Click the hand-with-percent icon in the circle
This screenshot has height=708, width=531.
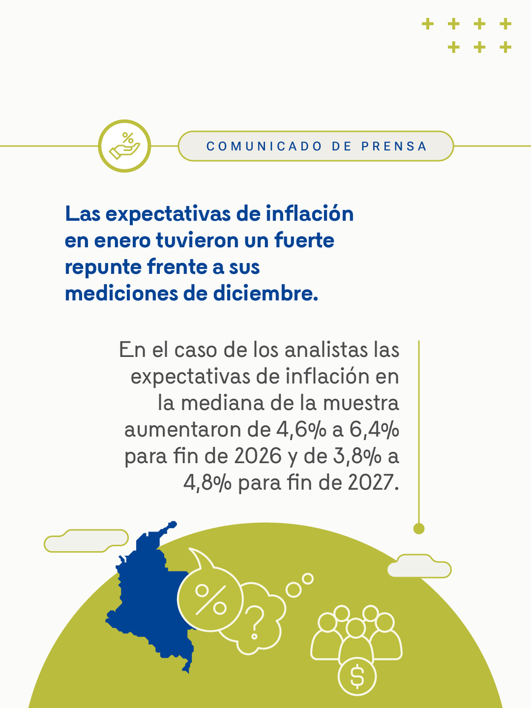[x=124, y=145]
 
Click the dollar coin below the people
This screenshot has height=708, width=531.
[x=357, y=676]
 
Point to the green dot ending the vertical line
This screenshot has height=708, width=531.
[x=419, y=529]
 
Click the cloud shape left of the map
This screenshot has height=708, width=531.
[x=86, y=540]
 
